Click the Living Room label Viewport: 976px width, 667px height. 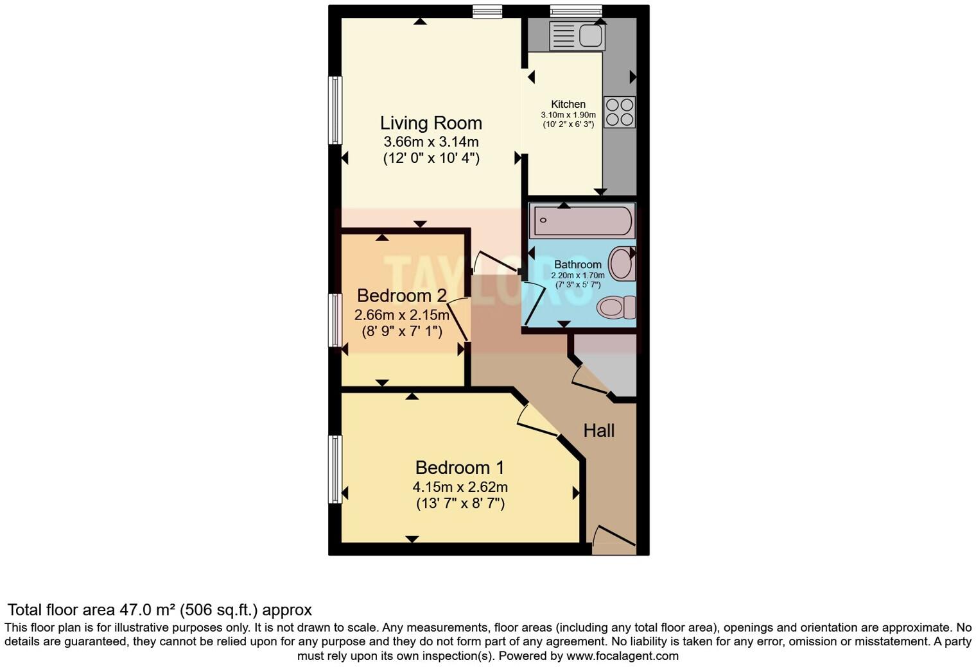click(431, 123)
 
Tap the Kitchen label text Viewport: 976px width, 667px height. click(568, 104)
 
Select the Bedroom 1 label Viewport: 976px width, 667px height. click(460, 468)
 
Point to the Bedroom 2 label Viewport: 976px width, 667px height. click(401, 296)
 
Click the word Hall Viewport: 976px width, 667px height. click(598, 430)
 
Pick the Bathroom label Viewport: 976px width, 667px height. click(577, 264)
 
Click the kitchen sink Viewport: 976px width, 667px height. click(577, 36)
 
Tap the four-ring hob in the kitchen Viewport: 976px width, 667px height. click(620, 112)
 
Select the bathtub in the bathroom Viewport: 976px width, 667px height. click(582, 221)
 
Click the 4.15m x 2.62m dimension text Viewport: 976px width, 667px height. click(460, 487)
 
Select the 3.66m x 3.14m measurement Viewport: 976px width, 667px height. click(431, 142)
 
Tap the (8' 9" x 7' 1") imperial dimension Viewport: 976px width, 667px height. click(401, 332)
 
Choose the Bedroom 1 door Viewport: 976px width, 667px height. click(536, 423)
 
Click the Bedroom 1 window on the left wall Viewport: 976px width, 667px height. click(335, 469)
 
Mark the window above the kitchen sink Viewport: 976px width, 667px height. click(576, 11)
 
